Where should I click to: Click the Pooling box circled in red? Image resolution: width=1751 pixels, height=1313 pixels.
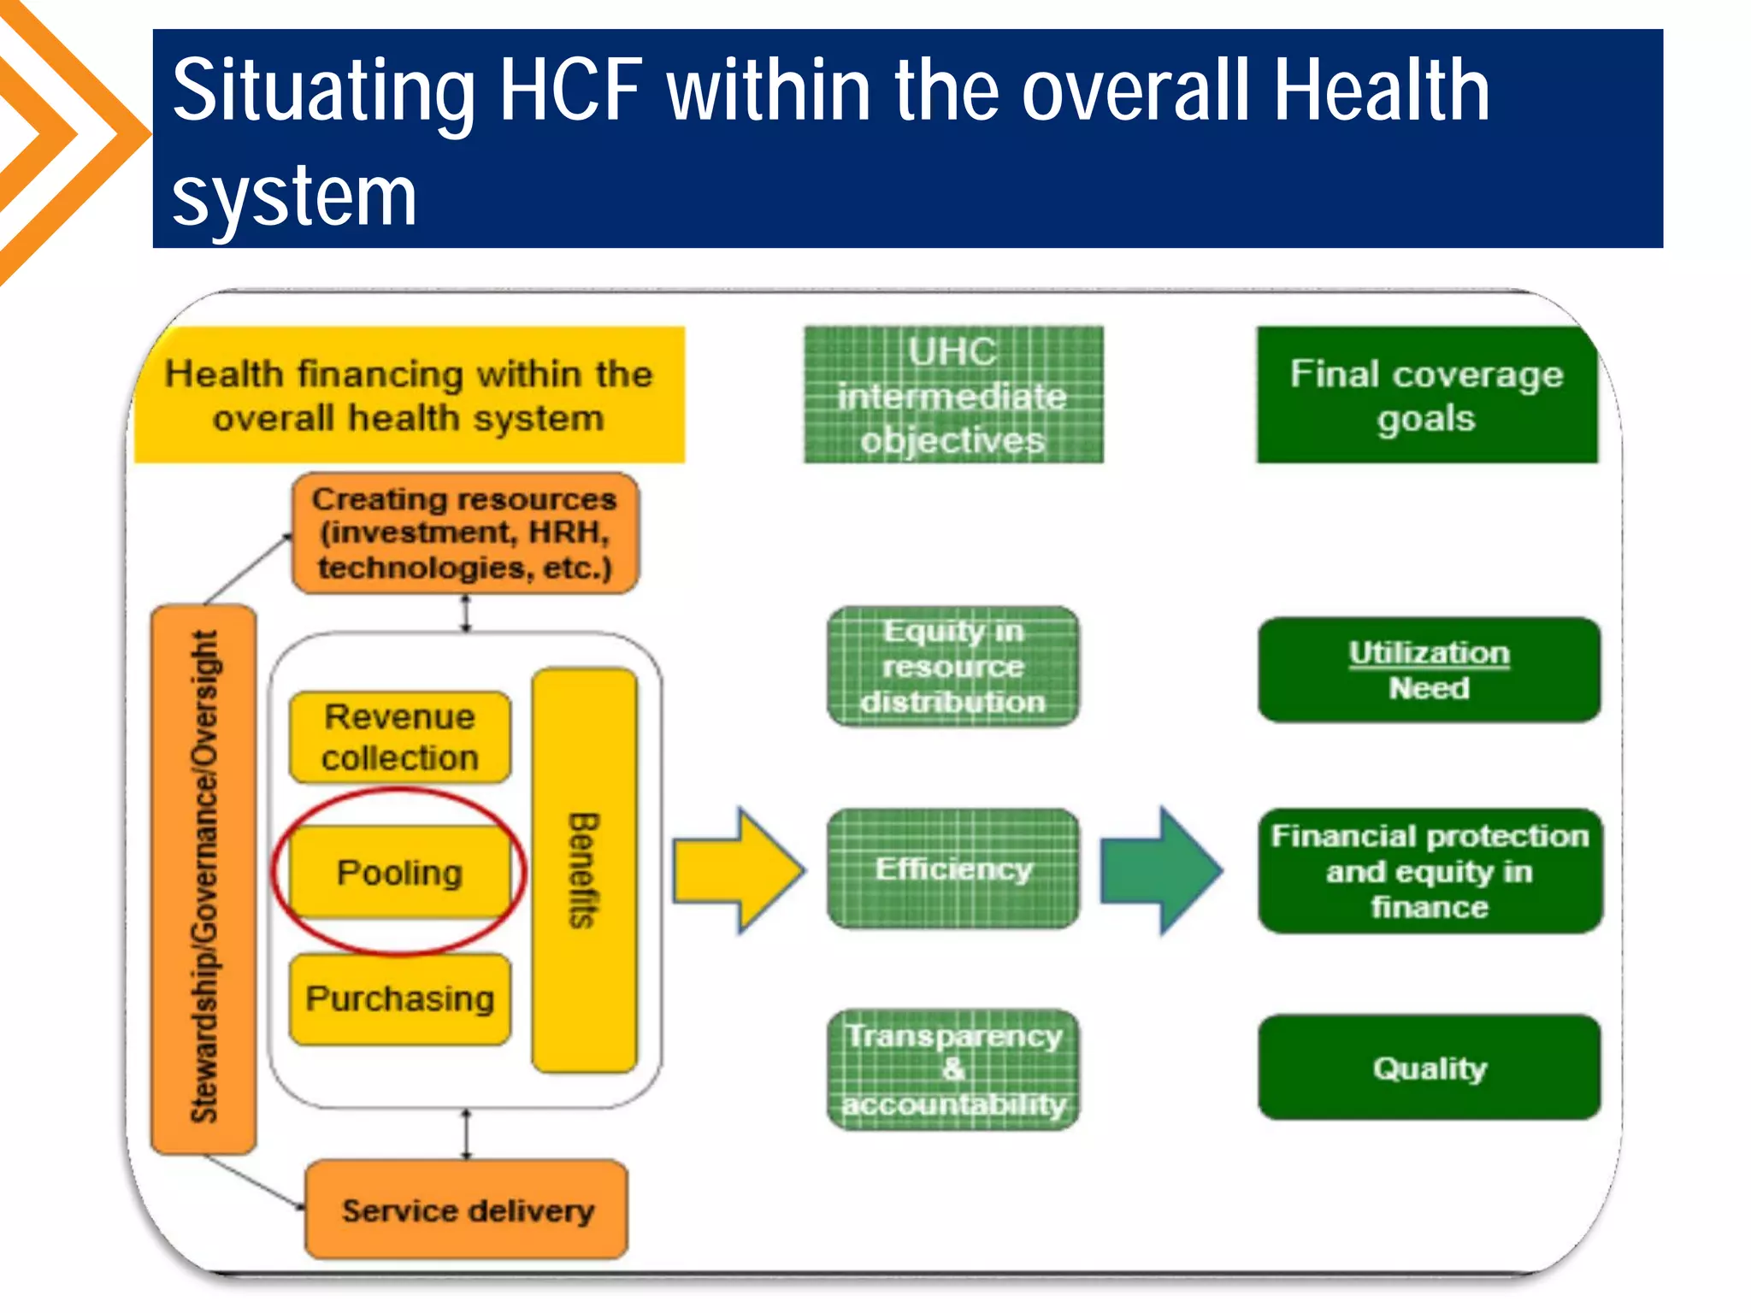399,872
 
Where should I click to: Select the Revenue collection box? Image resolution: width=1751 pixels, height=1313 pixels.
399,737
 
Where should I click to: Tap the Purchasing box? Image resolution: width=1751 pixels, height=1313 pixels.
399,998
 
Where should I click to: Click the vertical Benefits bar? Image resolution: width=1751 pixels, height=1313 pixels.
584,870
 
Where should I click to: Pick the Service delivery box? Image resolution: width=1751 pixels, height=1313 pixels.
467,1210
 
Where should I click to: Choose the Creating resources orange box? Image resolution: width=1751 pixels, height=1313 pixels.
465,533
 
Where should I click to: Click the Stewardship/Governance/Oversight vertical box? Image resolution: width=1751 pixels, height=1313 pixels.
203,879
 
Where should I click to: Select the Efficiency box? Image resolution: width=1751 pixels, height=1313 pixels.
953,868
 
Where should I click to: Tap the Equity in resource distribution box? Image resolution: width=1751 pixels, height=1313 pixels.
953,666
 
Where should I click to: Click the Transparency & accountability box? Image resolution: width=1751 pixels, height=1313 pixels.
953,1069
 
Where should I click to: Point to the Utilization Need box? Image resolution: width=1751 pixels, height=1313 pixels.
1429,669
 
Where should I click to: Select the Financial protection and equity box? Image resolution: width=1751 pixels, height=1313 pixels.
1430,870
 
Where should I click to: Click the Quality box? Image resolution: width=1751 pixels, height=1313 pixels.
1430,1067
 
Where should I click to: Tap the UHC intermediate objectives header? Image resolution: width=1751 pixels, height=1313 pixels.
953,395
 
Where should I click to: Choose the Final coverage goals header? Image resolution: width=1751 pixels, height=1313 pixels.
1426,395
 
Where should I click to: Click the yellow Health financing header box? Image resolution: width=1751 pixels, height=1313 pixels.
409,396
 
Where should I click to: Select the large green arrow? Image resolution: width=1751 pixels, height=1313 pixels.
1160,870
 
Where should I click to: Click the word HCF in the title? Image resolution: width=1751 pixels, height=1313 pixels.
570,91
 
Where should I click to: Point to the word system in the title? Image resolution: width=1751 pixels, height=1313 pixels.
294,197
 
